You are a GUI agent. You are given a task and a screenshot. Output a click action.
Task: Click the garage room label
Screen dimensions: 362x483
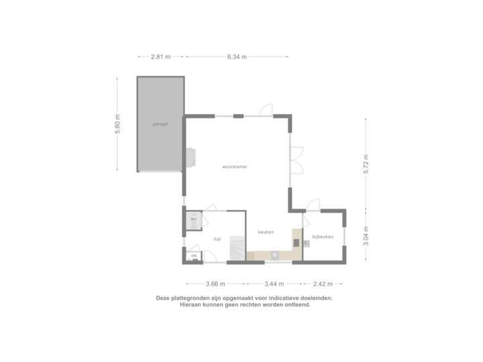[160, 124]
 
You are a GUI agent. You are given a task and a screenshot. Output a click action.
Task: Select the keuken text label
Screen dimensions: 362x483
[266, 232]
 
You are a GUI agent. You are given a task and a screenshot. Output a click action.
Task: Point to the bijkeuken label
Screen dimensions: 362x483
[323, 237]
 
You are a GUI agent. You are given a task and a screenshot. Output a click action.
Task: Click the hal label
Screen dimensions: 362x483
[217, 238]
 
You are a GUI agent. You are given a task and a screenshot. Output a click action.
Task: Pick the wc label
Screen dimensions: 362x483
[193, 219]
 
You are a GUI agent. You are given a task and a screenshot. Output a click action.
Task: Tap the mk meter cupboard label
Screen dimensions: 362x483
[194, 255]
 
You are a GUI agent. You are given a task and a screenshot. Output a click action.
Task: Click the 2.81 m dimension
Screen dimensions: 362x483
[160, 57]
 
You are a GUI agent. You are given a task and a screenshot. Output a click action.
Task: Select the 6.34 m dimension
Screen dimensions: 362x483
[237, 57]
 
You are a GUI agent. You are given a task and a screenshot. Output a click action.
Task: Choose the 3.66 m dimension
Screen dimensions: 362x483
[215, 283]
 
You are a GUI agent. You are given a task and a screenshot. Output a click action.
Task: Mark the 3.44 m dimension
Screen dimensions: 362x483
[274, 283]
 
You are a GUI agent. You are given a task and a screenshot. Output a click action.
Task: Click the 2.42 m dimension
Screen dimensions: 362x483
[323, 283]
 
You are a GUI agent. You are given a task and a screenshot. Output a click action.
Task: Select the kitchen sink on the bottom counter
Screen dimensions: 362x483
[275, 255]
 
